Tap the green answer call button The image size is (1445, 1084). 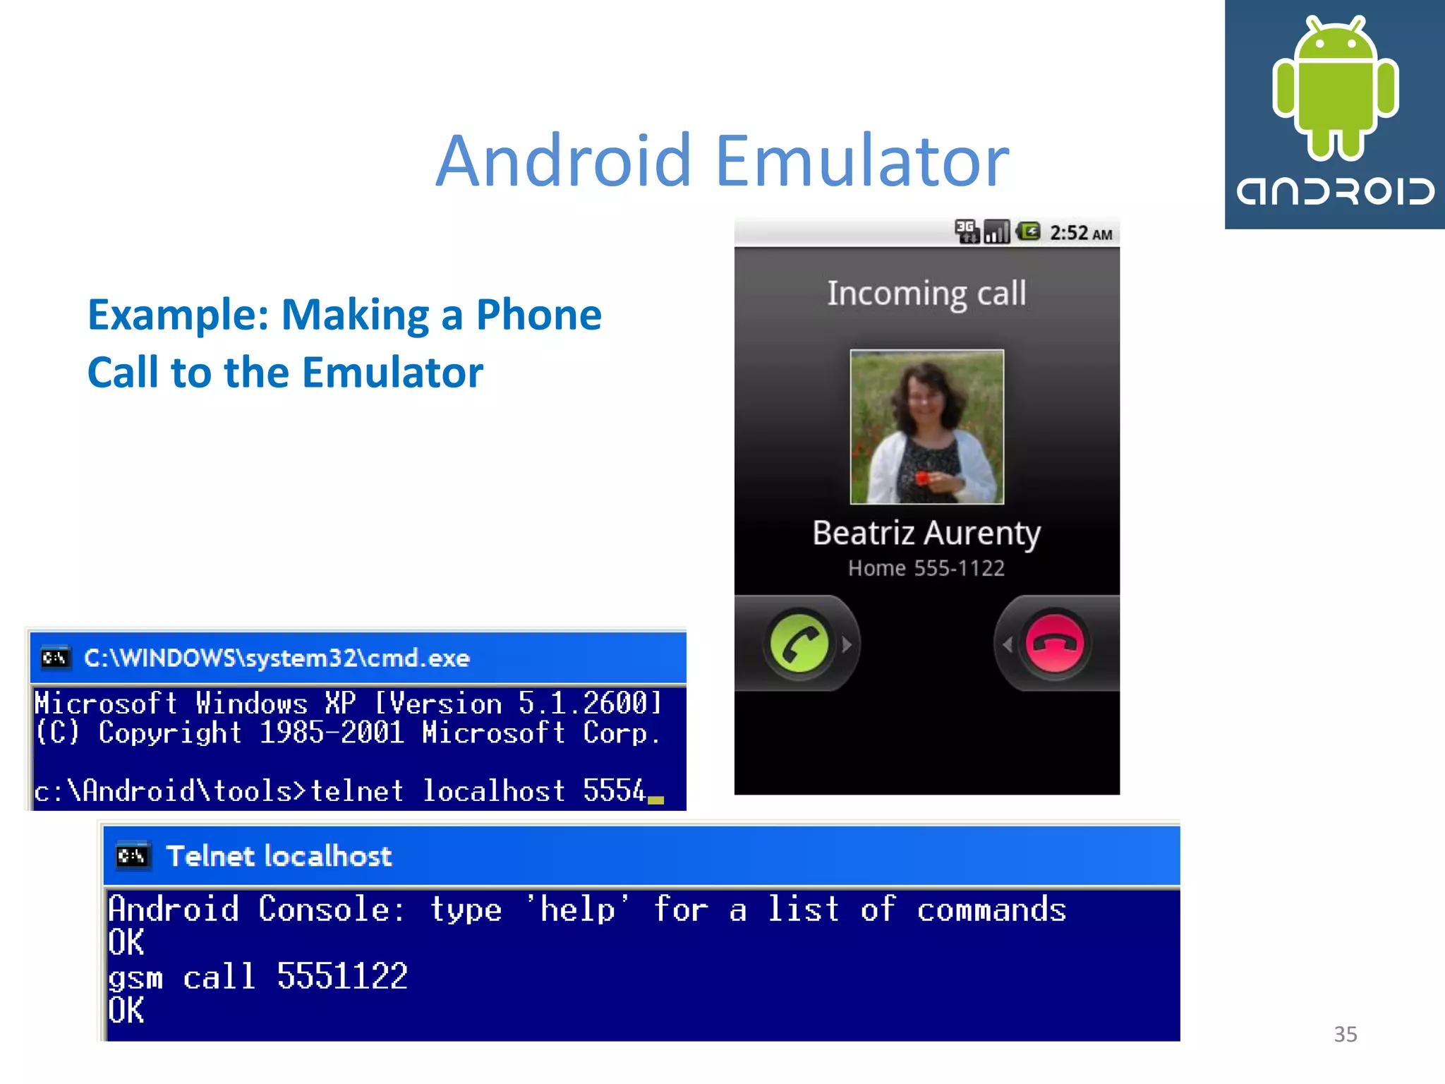pos(799,644)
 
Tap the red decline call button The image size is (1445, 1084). pos(1055,644)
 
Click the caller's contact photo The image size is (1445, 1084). pos(926,427)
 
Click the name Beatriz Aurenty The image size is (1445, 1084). pos(926,533)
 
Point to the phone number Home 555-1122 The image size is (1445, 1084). pos(926,568)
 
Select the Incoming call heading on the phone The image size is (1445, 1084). pos(926,294)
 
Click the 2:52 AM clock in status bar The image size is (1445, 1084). pos(1080,233)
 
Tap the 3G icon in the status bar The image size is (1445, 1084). pos(966,231)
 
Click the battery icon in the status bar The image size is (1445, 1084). pos(1029,231)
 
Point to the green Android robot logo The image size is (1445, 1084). pos(1335,88)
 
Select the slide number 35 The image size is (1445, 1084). pos(1346,1034)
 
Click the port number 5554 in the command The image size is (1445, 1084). pos(614,791)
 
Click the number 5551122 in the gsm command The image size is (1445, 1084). pos(342,977)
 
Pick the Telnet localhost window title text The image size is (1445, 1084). pos(279,856)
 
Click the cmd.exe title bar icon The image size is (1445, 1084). pos(55,658)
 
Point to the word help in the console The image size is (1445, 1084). pos(578,910)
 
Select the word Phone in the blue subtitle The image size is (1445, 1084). pos(539,315)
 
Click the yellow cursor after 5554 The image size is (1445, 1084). pos(656,800)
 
